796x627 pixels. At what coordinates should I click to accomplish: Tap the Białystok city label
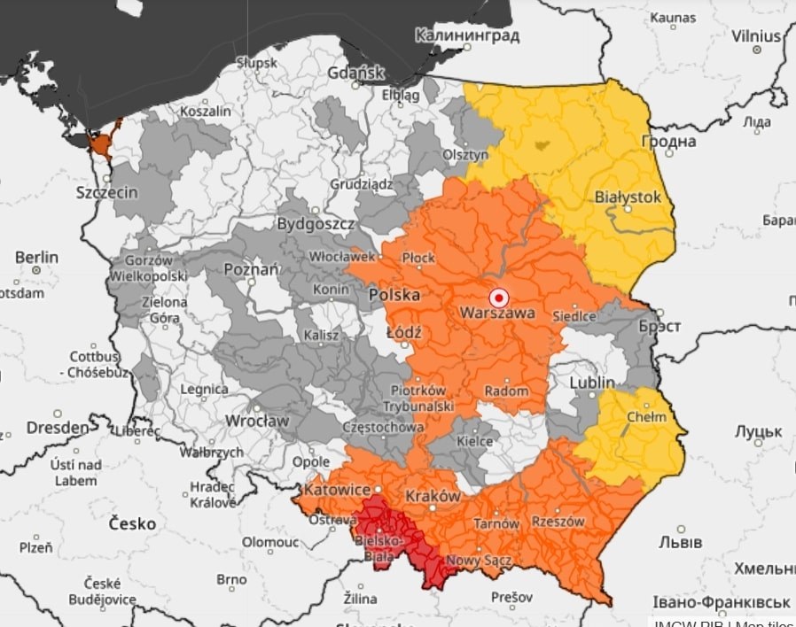pyautogui.click(x=628, y=197)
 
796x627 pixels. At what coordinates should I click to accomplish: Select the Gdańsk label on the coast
pyautogui.click(x=356, y=73)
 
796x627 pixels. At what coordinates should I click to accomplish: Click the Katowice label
pyautogui.click(x=337, y=489)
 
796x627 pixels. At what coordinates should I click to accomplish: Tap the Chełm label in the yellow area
pyautogui.click(x=640, y=417)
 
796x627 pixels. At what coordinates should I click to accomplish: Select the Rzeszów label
pyautogui.click(x=558, y=522)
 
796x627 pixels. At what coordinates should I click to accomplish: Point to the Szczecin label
pyautogui.click(x=106, y=192)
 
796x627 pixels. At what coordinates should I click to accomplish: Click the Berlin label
pyautogui.click(x=36, y=258)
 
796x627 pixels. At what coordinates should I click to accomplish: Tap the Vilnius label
pyautogui.click(x=756, y=36)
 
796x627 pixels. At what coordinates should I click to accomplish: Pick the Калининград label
pyautogui.click(x=466, y=36)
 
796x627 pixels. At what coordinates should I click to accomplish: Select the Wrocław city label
pyautogui.click(x=257, y=421)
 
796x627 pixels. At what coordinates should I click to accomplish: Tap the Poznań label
pyautogui.click(x=253, y=268)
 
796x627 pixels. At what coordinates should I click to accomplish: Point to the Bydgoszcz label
pyautogui.click(x=316, y=224)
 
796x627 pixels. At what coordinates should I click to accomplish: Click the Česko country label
pyautogui.click(x=132, y=523)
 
